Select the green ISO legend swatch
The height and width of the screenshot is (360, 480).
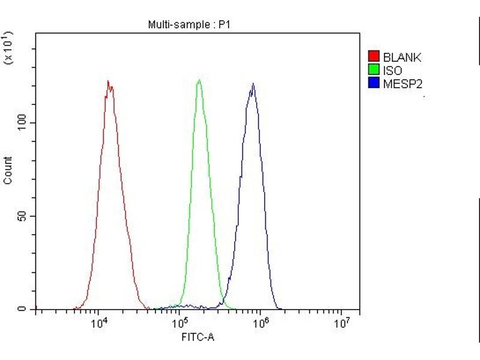pyautogui.click(x=373, y=70)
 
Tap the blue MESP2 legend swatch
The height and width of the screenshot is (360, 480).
pyautogui.click(x=373, y=82)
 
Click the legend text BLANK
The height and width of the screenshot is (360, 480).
pyautogui.click(x=402, y=58)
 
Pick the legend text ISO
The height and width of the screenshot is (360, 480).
pyautogui.click(x=392, y=70)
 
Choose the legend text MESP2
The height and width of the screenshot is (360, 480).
pyautogui.click(x=403, y=82)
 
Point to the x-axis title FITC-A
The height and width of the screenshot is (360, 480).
pyautogui.click(x=198, y=337)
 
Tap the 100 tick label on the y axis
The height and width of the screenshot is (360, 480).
pyautogui.click(x=20, y=122)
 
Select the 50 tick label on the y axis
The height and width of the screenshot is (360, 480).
pyautogui.click(x=23, y=216)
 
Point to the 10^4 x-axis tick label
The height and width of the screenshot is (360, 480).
pyautogui.click(x=98, y=324)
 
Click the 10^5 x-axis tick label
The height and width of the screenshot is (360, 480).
pyautogui.click(x=179, y=324)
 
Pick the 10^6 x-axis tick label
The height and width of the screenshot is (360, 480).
pyautogui.click(x=260, y=324)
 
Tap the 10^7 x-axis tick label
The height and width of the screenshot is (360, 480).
pyautogui.click(x=341, y=324)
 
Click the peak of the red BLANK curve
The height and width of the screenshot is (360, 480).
pyautogui.click(x=108, y=81)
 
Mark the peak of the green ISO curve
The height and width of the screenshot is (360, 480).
pyautogui.click(x=199, y=80)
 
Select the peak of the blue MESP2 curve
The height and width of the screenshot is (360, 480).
pyautogui.click(x=253, y=83)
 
